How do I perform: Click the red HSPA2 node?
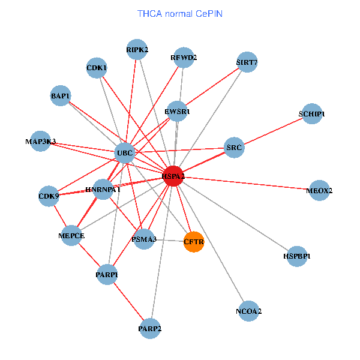point(173,176)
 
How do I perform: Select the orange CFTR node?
point(194,241)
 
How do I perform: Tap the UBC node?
point(124,153)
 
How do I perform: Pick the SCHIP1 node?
point(311,114)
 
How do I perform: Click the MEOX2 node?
point(319,191)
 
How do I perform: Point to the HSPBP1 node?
point(296,256)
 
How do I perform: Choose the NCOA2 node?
point(248,311)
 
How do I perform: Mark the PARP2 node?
point(150,328)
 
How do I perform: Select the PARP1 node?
point(107,275)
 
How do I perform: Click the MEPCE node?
point(71,236)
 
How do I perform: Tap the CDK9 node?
point(49,196)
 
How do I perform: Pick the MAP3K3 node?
point(41,142)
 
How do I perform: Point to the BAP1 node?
point(61,96)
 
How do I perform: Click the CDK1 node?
point(97,68)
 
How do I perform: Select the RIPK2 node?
point(137,49)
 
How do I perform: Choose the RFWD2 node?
point(184,58)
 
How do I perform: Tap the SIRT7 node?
point(247,62)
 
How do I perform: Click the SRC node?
point(234,147)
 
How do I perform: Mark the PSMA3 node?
point(144,239)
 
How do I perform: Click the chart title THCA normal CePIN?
point(180,13)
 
